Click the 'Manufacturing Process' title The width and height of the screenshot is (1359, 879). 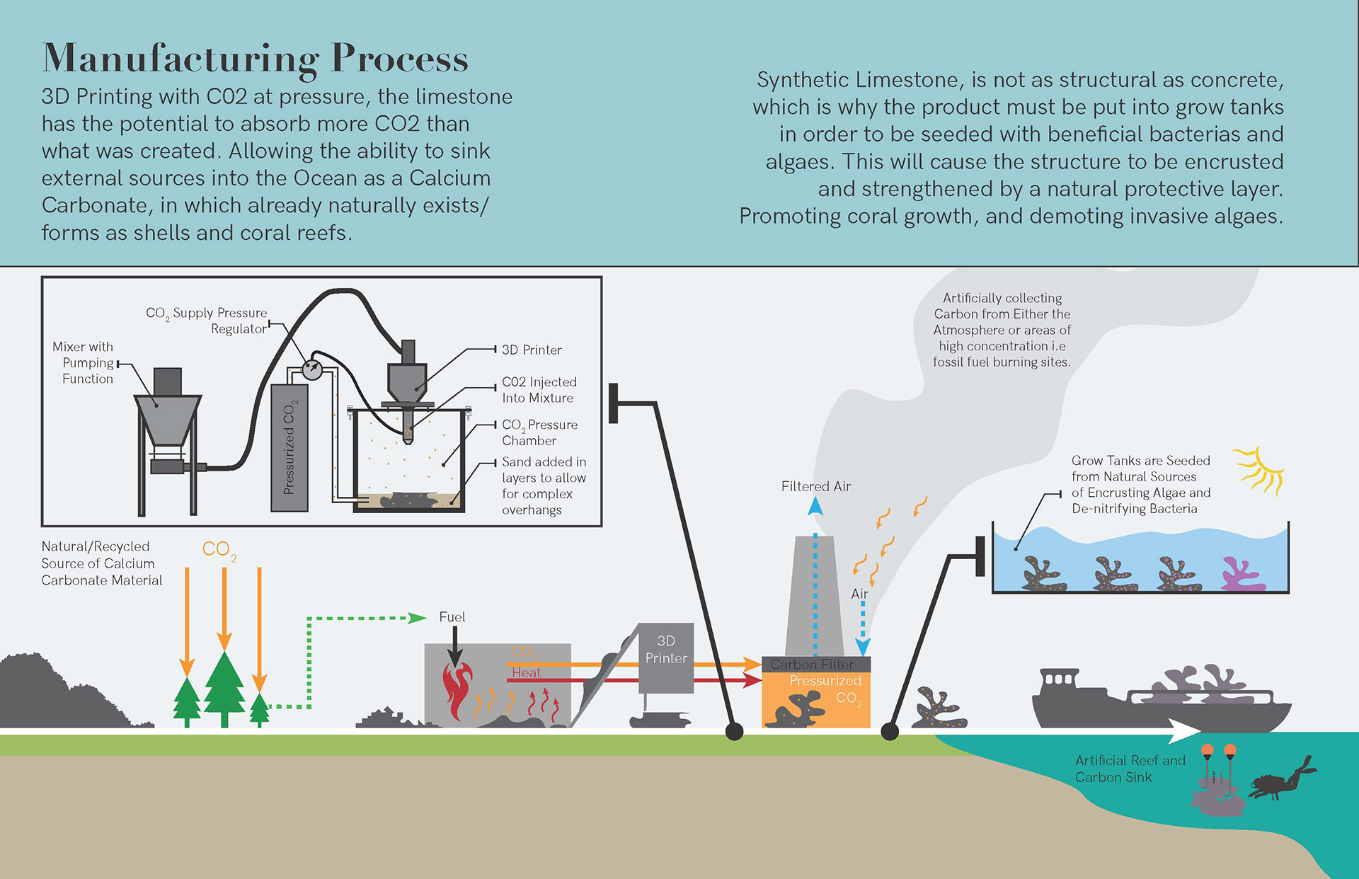tap(255, 58)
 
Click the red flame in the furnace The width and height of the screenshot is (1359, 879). tap(457, 690)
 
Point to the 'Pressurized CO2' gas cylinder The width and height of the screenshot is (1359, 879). tap(289, 447)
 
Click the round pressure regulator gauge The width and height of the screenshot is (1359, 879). tap(311, 369)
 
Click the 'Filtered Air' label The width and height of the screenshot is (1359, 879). tap(815, 486)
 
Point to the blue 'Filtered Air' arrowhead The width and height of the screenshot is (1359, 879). tap(815, 505)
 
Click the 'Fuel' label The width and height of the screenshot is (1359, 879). tap(452, 617)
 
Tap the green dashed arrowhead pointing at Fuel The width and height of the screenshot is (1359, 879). tap(418, 618)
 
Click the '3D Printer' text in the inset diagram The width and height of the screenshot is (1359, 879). tap(532, 350)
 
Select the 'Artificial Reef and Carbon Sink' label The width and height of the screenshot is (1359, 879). tap(1130, 769)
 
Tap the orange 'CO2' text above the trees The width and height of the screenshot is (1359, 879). tap(217, 549)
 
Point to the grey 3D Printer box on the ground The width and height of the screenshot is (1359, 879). tap(665, 658)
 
